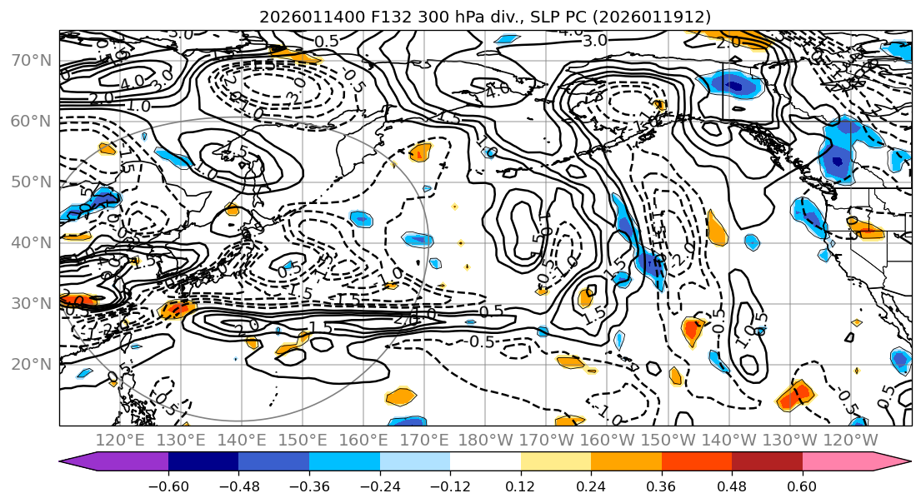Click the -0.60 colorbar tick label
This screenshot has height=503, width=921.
[168, 486]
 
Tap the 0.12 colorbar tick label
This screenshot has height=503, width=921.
[521, 486]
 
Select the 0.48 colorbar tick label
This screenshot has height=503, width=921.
[732, 486]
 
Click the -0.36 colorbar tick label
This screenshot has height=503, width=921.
[309, 486]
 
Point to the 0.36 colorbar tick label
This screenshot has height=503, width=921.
[662, 486]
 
